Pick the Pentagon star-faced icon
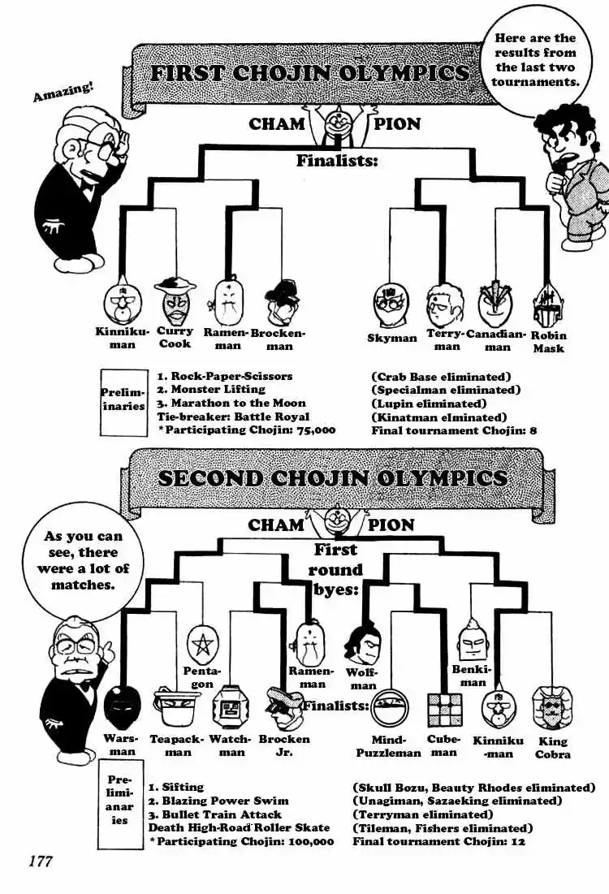click(x=201, y=645)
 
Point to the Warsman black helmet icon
click(x=122, y=707)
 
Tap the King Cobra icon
click(x=552, y=707)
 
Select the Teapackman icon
click(x=176, y=707)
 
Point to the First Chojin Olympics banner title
click(x=309, y=73)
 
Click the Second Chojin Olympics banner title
click(x=332, y=477)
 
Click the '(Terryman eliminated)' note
click(x=422, y=814)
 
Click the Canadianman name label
click(x=497, y=340)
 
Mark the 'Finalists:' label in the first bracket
click(x=337, y=161)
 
